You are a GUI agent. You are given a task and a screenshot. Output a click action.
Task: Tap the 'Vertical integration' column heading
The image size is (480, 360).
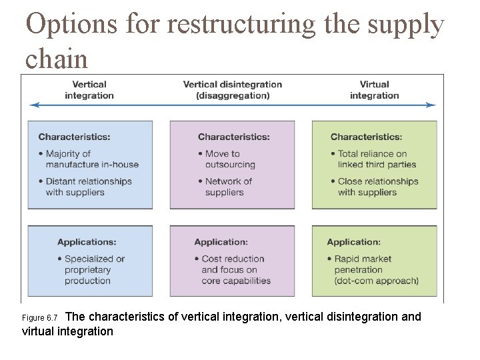[x=89, y=90]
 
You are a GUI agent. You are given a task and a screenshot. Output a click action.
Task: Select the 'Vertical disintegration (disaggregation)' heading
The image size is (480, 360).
[x=233, y=90]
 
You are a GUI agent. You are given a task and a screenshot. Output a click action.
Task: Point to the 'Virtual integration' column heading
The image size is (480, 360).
[x=374, y=90]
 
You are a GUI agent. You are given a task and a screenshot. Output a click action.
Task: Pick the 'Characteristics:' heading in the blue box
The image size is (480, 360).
[x=74, y=137]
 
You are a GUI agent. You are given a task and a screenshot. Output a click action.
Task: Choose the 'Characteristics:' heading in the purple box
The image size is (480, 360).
[x=233, y=137]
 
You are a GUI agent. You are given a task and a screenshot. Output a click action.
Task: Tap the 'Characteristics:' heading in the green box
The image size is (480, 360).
[x=366, y=137]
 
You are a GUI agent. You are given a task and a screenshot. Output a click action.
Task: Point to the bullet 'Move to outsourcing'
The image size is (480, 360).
[x=227, y=159]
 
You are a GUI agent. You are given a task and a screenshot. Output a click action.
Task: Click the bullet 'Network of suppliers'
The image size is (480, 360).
[x=225, y=187]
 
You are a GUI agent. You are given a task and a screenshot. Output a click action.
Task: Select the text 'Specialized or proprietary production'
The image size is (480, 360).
[x=91, y=270]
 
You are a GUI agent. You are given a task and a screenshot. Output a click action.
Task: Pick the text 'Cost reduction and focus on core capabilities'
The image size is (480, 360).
[x=233, y=270]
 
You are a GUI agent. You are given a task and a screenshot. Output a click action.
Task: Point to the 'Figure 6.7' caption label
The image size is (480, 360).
[x=40, y=318]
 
